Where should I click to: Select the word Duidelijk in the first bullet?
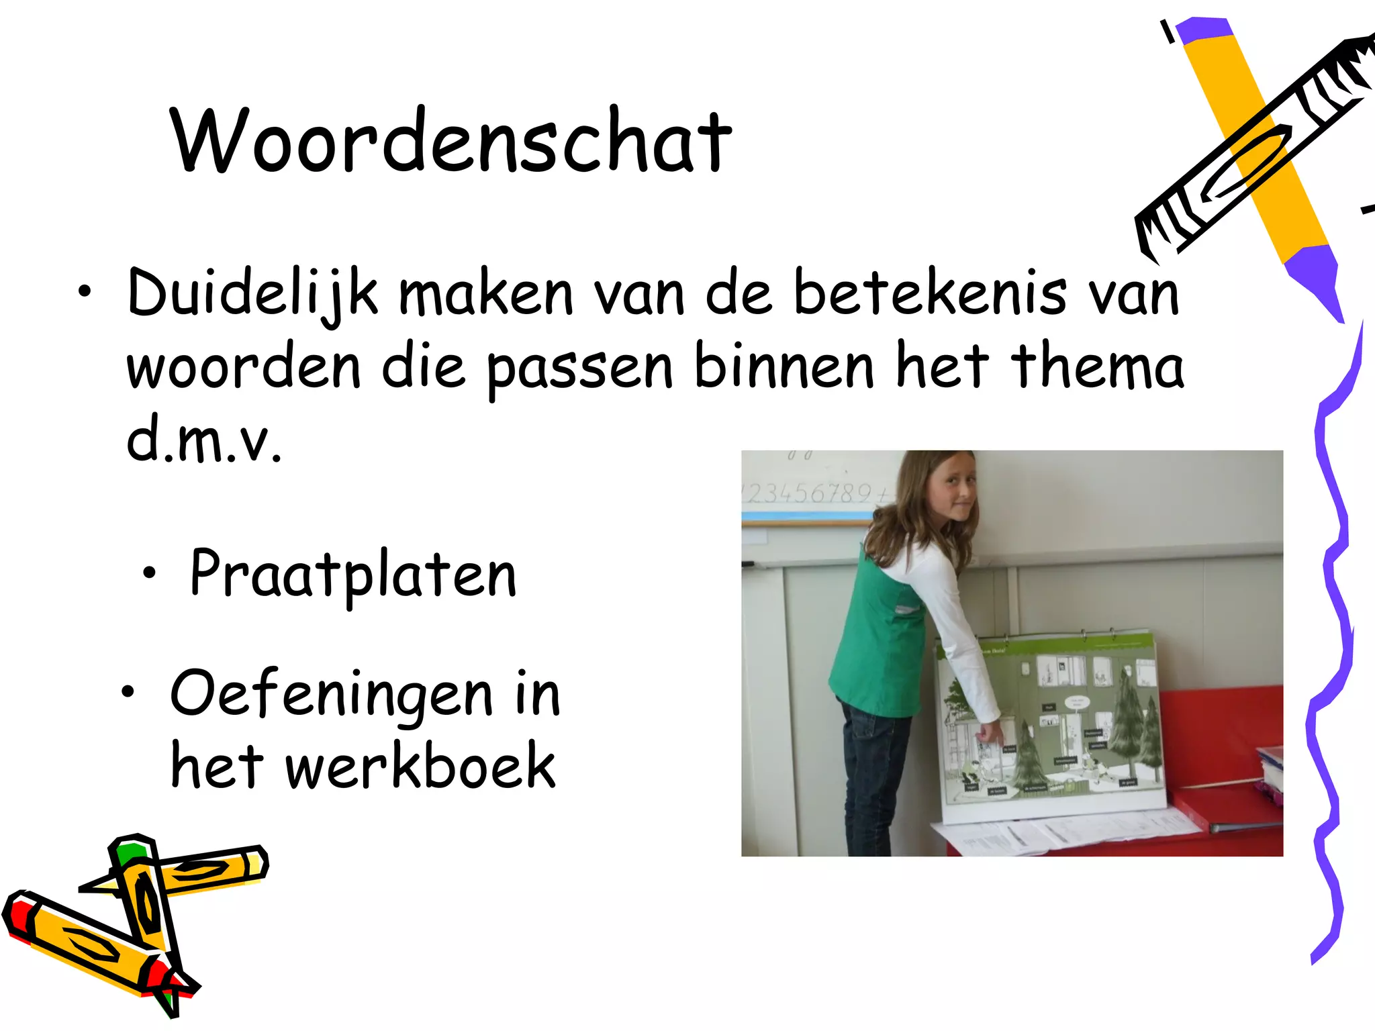pyautogui.click(x=252, y=294)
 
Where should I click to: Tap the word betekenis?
pyautogui.click(x=930, y=294)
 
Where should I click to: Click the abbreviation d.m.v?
pyautogui.click(x=204, y=440)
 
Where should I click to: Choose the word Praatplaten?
pyautogui.click(x=353, y=575)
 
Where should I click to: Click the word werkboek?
pyautogui.click(x=420, y=767)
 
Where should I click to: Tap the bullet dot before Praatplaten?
pyautogui.click(x=149, y=573)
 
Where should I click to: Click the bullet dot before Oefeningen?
pyautogui.click(x=128, y=691)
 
